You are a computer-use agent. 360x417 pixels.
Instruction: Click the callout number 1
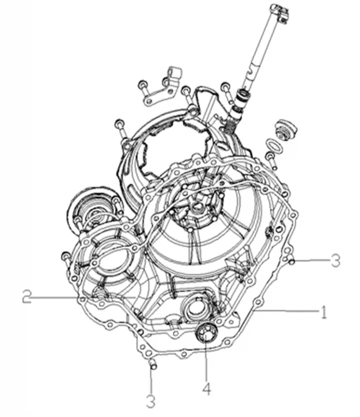[323, 312]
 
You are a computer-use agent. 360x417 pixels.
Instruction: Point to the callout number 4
[206, 389]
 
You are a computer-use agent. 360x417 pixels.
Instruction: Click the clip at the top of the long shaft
[279, 13]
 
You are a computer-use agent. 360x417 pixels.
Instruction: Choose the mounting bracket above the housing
[163, 88]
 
